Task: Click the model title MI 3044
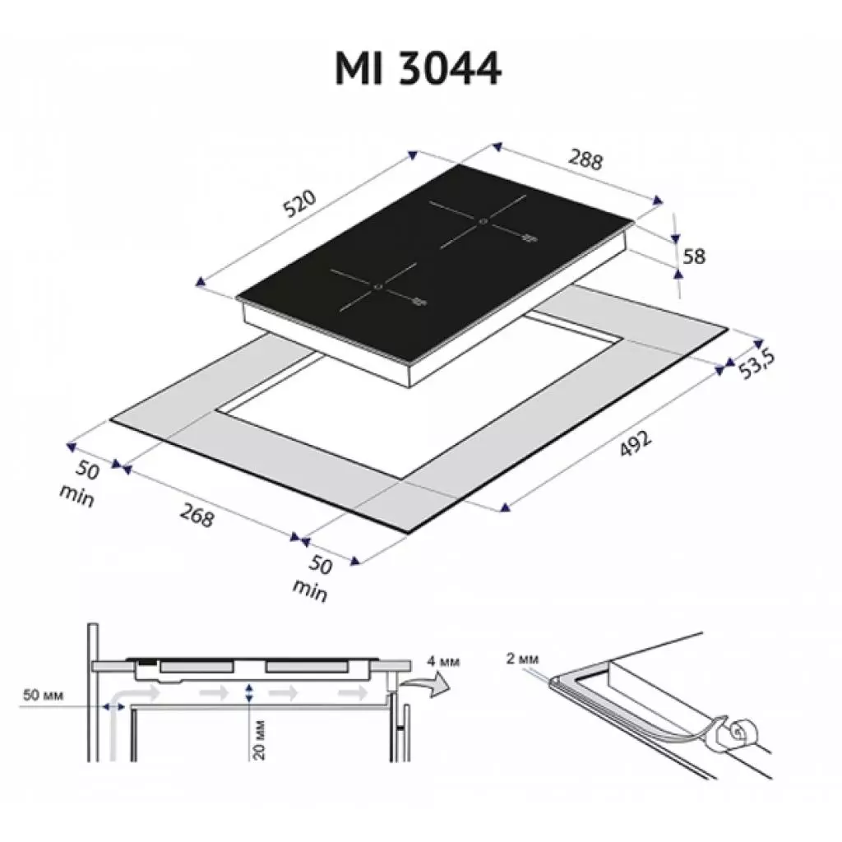click(x=418, y=69)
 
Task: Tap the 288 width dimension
click(x=585, y=160)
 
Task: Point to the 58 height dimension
click(x=694, y=256)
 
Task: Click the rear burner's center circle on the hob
click(x=483, y=220)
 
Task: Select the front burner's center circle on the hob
click(x=377, y=287)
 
